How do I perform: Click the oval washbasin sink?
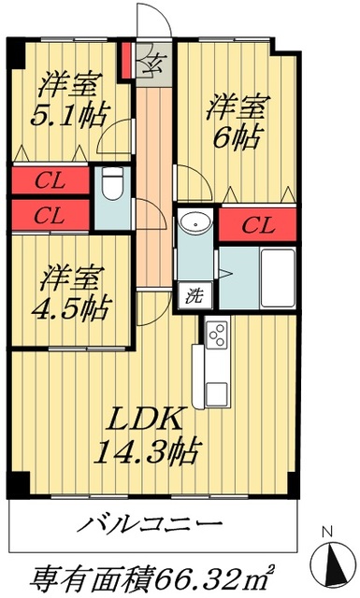pyautogui.click(x=195, y=224)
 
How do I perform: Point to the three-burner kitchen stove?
pyautogui.click(x=218, y=335)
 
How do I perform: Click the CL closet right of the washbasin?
pyautogui.click(x=257, y=225)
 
